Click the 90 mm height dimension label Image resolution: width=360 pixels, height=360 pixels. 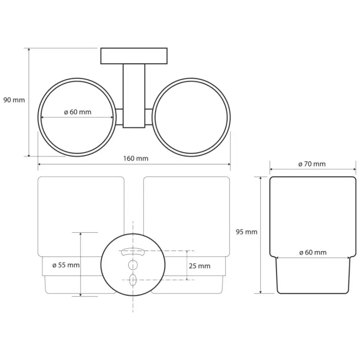pos(14,100)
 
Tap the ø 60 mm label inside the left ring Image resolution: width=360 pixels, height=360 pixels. pos(78,112)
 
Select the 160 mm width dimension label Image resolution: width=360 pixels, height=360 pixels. pos(136,158)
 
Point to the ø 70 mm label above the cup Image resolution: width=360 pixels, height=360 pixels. pos(312,164)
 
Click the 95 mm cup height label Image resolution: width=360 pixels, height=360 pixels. pos(247,232)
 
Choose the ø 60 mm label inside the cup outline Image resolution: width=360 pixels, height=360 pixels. pos(313,252)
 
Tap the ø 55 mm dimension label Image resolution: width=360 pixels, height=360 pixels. pos(66,265)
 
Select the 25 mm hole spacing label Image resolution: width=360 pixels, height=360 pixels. pos(200,266)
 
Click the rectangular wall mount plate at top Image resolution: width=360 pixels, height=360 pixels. pos(134,56)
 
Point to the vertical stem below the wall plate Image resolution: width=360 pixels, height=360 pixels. pos(134,96)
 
